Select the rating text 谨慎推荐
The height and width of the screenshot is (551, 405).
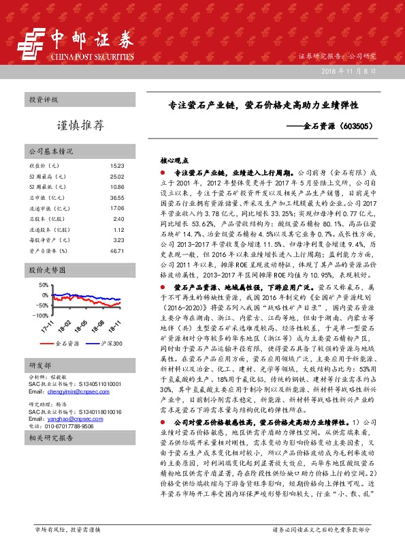coord(80,125)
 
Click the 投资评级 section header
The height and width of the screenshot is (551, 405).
coord(43,100)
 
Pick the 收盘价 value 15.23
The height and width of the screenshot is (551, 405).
coord(116,166)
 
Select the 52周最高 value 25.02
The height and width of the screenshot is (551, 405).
coord(116,176)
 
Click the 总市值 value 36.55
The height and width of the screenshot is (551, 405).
coord(116,197)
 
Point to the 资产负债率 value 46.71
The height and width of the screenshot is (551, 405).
coord(116,251)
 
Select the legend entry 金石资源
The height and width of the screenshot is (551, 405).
coord(67,344)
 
